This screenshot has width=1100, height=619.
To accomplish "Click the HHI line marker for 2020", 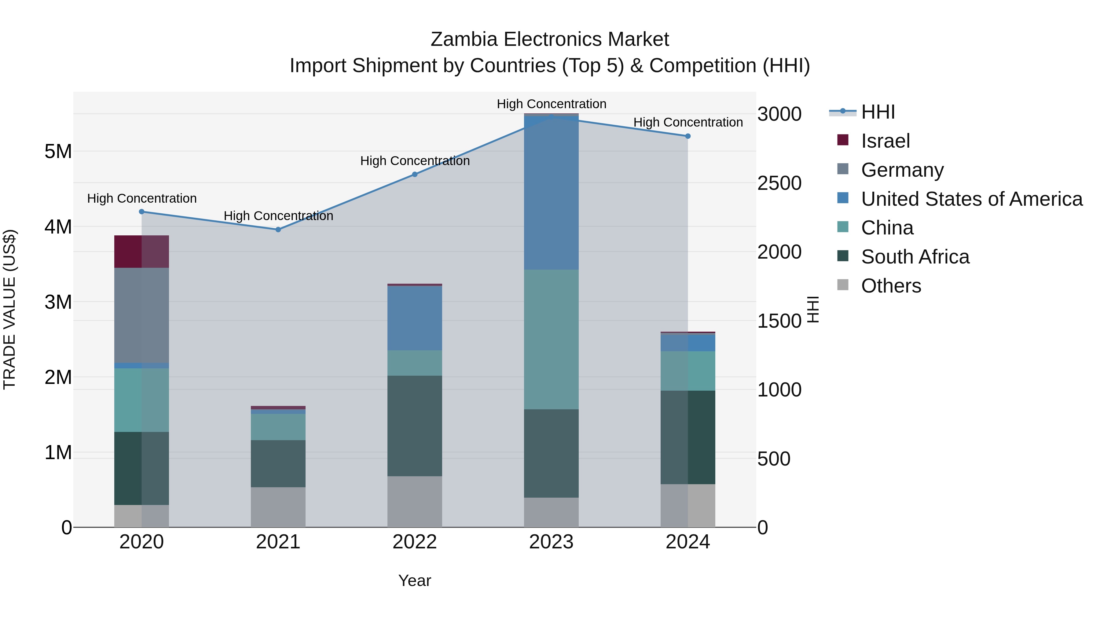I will click(x=142, y=212).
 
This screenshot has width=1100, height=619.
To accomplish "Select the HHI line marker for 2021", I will click(x=278, y=229).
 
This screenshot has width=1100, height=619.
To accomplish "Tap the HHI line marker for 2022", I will click(x=415, y=174).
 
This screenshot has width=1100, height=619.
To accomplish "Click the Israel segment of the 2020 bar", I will click(x=141, y=252).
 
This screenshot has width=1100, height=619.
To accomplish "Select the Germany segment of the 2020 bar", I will click(x=141, y=315).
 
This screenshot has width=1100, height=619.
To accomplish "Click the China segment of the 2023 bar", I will click(x=551, y=339).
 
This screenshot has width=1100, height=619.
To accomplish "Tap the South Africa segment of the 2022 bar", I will click(x=415, y=426).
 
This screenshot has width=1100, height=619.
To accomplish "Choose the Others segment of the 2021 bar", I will click(x=278, y=507).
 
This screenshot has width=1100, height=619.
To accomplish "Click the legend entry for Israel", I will click(x=885, y=141).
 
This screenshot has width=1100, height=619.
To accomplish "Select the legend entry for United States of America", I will click(x=971, y=199).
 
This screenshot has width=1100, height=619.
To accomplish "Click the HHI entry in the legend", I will click(x=878, y=112).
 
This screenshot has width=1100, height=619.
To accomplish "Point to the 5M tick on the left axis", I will click(x=58, y=151).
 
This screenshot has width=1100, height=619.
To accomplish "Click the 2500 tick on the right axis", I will click(x=779, y=183).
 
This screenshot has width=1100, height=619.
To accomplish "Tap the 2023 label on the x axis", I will click(x=551, y=542).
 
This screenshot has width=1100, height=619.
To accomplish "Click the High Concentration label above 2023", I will click(x=551, y=104).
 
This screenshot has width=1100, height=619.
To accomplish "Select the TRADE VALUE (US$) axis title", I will click(x=9, y=309).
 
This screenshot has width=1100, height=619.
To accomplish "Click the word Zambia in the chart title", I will click(x=464, y=39).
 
